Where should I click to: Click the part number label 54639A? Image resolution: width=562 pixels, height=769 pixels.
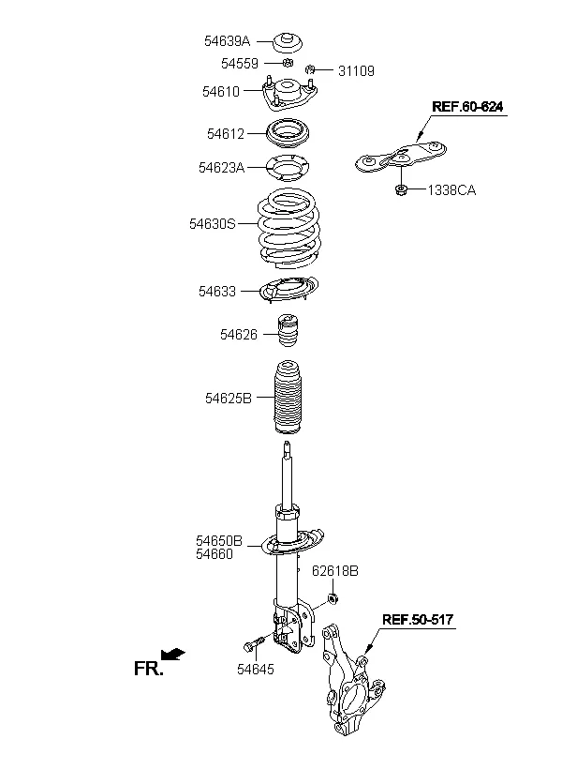click(x=227, y=41)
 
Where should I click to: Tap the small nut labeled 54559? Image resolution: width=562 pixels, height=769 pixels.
click(x=288, y=62)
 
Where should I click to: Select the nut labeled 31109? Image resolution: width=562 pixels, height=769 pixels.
click(x=310, y=69)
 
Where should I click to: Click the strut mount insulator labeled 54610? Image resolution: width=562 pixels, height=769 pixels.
click(x=290, y=93)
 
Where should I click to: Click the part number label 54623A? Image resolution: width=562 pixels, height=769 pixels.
click(x=221, y=168)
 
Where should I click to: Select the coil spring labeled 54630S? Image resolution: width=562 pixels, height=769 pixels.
click(x=288, y=229)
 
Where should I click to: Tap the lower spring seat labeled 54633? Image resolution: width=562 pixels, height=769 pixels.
click(x=288, y=291)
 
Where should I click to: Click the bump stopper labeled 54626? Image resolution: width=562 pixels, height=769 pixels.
click(x=289, y=337)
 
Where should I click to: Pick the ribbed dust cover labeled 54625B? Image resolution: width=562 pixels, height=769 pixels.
click(x=288, y=399)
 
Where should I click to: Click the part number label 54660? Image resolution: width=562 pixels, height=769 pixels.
click(x=214, y=554)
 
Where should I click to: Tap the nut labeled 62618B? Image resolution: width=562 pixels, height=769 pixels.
click(x=333, y=598)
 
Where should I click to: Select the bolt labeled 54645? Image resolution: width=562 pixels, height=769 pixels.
click(x=253, y=645)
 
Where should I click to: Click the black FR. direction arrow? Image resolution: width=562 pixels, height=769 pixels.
click(x=173, y=654)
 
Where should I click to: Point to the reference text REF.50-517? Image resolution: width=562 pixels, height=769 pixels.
click(x=418, y=619)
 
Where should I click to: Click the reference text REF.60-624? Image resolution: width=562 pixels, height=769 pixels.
click(x=467, y=106)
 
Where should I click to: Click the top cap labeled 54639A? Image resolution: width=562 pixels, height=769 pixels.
click(x=288, y=42)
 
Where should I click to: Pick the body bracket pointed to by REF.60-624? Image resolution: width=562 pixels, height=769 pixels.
click(x=401, y=157)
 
